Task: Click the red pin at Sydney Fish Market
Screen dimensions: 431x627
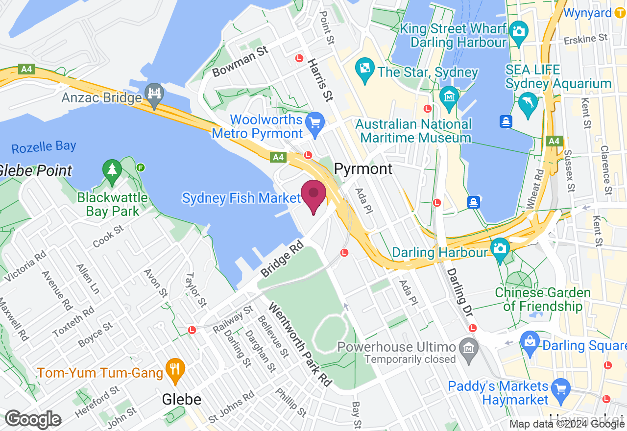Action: point(313,195)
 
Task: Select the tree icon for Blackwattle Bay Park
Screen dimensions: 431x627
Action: point(112,170)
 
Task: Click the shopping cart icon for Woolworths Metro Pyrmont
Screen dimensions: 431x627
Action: point(314,121)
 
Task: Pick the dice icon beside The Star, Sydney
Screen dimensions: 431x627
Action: point(365,68)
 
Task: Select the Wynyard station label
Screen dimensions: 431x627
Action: point(587,13)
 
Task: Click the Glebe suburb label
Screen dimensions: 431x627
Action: point(182,400)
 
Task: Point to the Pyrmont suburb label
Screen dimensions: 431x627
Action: point(363,169)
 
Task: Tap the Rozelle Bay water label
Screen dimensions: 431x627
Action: point(44,146)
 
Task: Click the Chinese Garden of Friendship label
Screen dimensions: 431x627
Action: point(543,300)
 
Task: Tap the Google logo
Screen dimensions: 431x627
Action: point(33,420)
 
